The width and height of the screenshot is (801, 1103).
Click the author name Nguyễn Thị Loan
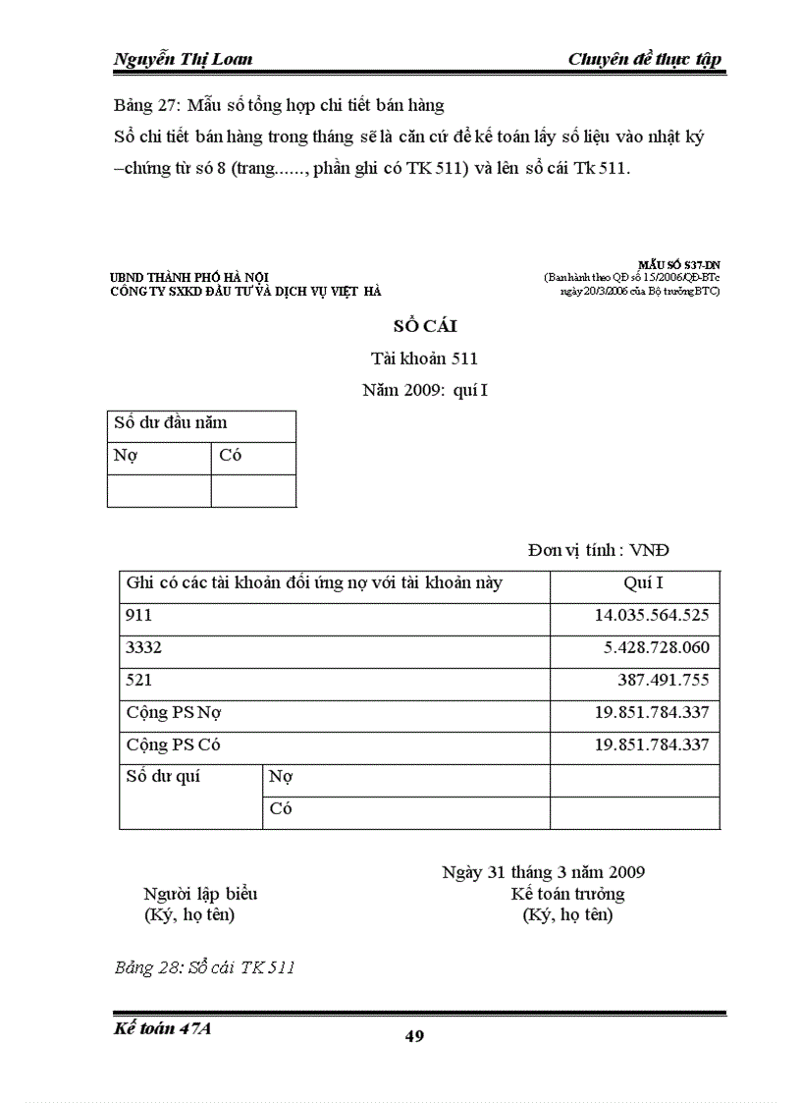point(184,59)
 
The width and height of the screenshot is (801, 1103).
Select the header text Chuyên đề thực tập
point(644,59)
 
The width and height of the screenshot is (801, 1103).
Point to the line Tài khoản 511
point(424,358)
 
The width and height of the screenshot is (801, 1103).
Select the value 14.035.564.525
point(652,616)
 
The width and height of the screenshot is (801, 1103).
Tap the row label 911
point(139,616)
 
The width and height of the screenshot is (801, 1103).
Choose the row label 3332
point(144,648)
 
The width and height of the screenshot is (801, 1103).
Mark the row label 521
point(139,681)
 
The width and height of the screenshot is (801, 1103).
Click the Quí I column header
point(644,583)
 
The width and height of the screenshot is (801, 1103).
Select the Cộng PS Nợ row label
point(174,713)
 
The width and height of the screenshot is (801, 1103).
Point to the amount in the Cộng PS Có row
point(652,745)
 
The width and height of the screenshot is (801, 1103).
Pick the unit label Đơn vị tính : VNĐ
point(599,550)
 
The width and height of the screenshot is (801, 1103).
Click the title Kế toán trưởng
point(567,894)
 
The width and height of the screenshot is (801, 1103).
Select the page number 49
point(414,1036)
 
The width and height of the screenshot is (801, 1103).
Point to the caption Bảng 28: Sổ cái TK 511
point(205,967)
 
